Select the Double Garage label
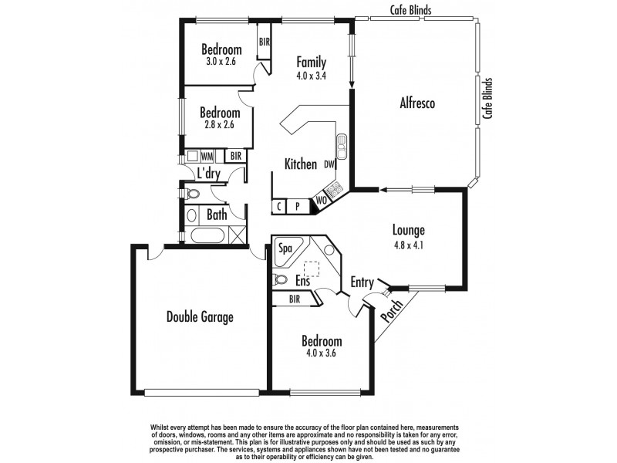pos(200,316)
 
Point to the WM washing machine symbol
pos(207,155)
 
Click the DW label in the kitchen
pos(329,164)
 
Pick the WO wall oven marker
pos(320,202)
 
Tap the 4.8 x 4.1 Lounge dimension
pos(409,247)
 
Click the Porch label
pos(392,314)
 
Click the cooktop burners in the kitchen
pos(335,188)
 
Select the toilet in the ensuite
pos(280,280)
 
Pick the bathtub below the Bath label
pos(207,236)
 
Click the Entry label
pos(362,282)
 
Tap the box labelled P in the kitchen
pos(298,207)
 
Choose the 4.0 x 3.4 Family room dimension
pos(312,76)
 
